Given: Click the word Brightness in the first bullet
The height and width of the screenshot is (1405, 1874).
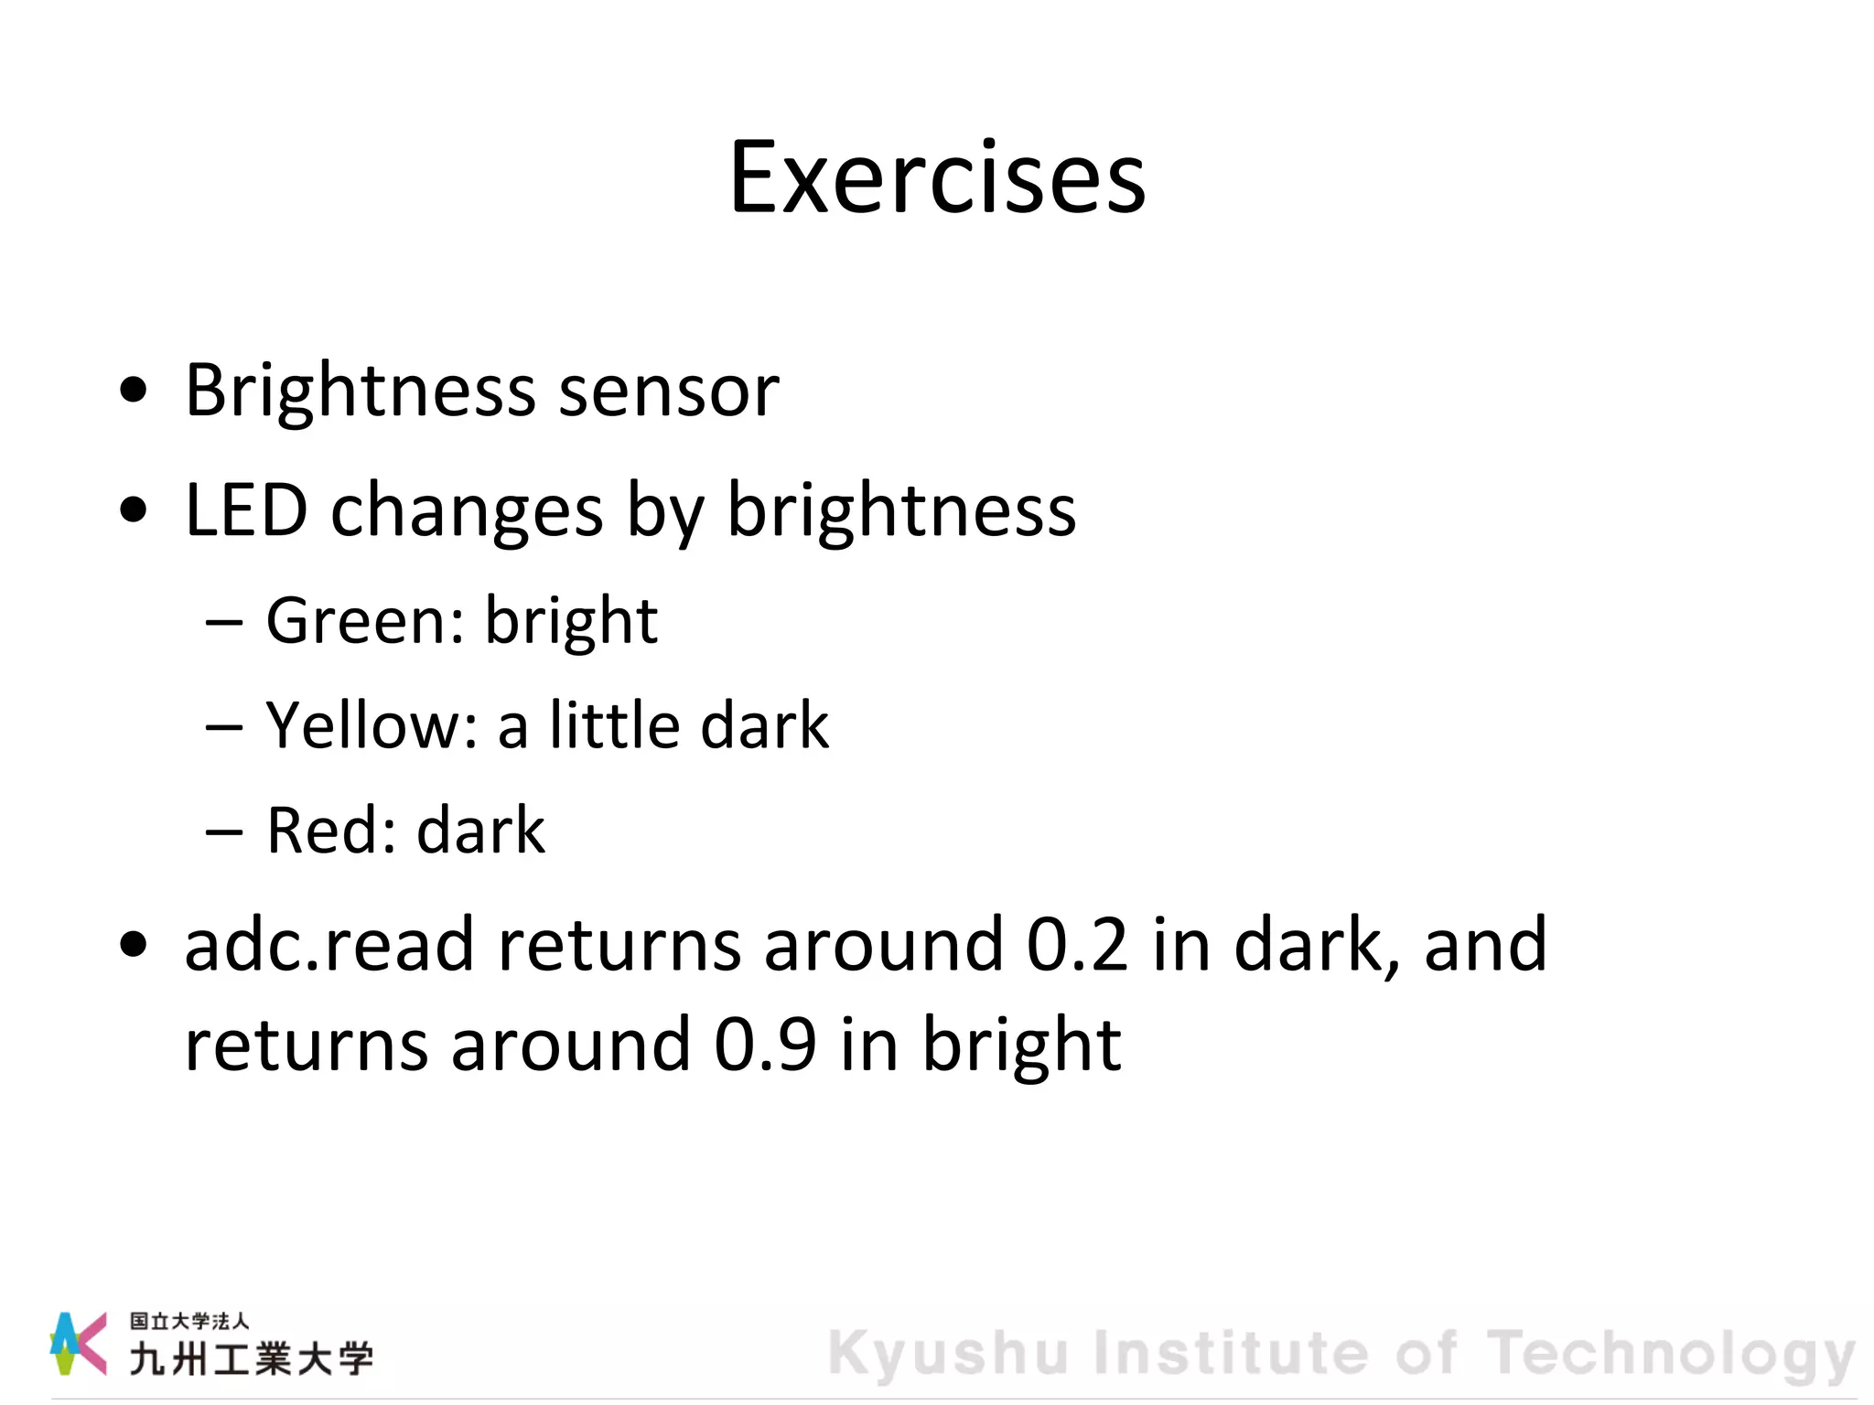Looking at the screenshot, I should [x=360, y=391].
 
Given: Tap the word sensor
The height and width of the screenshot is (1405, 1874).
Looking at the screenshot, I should [x=668, y=392].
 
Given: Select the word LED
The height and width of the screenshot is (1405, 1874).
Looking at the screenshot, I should [x=245, y=509].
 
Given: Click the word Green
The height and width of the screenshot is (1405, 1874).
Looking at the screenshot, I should [x=364, y=621].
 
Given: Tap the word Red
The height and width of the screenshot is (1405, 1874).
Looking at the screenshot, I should [x=330, y=831].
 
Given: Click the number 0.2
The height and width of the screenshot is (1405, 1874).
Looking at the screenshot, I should [x=1077, y=945].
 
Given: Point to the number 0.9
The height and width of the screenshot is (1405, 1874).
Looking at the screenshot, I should [x=765, y=1045].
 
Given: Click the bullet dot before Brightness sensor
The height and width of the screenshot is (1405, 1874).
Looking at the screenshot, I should [x=134, y=391].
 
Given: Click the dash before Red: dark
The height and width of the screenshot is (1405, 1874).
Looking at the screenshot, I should [x=224, y=832].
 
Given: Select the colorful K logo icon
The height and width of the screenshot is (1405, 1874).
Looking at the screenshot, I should [x=77, y=1343].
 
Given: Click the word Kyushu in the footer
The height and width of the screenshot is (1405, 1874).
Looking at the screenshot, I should [x=948, y=1354].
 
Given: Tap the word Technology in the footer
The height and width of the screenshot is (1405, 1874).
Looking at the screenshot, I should [x=1670, y=1354].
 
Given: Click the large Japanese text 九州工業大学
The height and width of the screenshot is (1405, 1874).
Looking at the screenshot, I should [x=251, y=1359].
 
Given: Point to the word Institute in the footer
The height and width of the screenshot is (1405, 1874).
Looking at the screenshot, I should [x=1230, y=1354].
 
